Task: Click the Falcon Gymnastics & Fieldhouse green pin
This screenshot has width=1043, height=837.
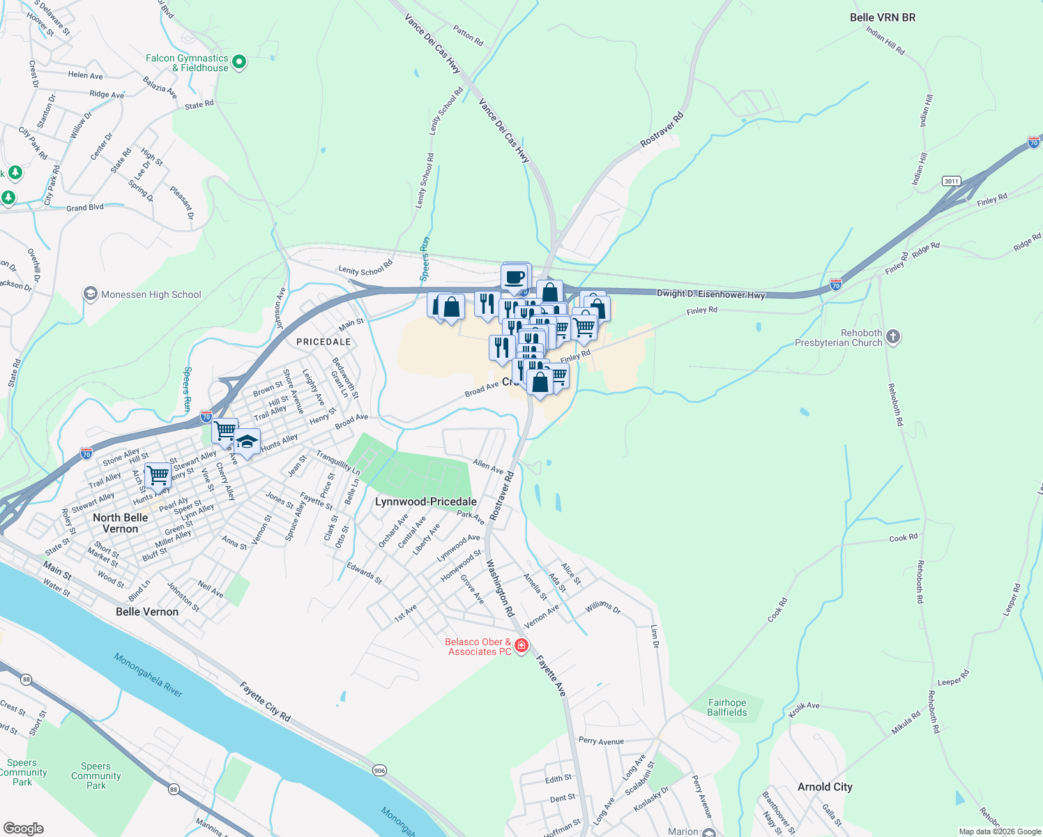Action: (x=239, y=63)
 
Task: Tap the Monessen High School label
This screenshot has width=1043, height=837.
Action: (x=151, y=294)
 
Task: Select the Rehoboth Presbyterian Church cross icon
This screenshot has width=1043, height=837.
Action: (x=893, y=338)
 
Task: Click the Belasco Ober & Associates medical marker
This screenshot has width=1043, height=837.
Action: (x=521, y=646)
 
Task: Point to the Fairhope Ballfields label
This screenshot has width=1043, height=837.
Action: (x=727, y=707)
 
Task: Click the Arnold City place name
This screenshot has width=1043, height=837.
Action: (x=825, y=787)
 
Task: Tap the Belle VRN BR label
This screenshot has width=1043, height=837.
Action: (x=883, y=17)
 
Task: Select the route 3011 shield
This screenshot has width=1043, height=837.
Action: (x=951, y=181)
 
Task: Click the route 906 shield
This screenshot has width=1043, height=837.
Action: (x=379, y=770)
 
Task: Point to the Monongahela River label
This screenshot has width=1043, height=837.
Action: (x=149, y=674)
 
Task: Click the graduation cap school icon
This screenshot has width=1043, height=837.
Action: (x=247, y=442)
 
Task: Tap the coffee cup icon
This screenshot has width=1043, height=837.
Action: (x=515, y=277)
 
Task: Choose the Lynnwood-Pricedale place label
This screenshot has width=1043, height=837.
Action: (x=426, y=502)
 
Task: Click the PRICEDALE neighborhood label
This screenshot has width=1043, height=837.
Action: (x=323, y=342)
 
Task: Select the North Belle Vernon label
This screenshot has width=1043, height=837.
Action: (x=120, y=523)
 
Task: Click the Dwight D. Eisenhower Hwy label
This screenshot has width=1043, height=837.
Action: (x=710, y=294)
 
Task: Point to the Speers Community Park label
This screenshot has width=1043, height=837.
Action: (x=96, y=776)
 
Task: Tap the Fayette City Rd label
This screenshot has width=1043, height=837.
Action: (x=265, y=702)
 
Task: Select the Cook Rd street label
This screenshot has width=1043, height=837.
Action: (x=903, y=538)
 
